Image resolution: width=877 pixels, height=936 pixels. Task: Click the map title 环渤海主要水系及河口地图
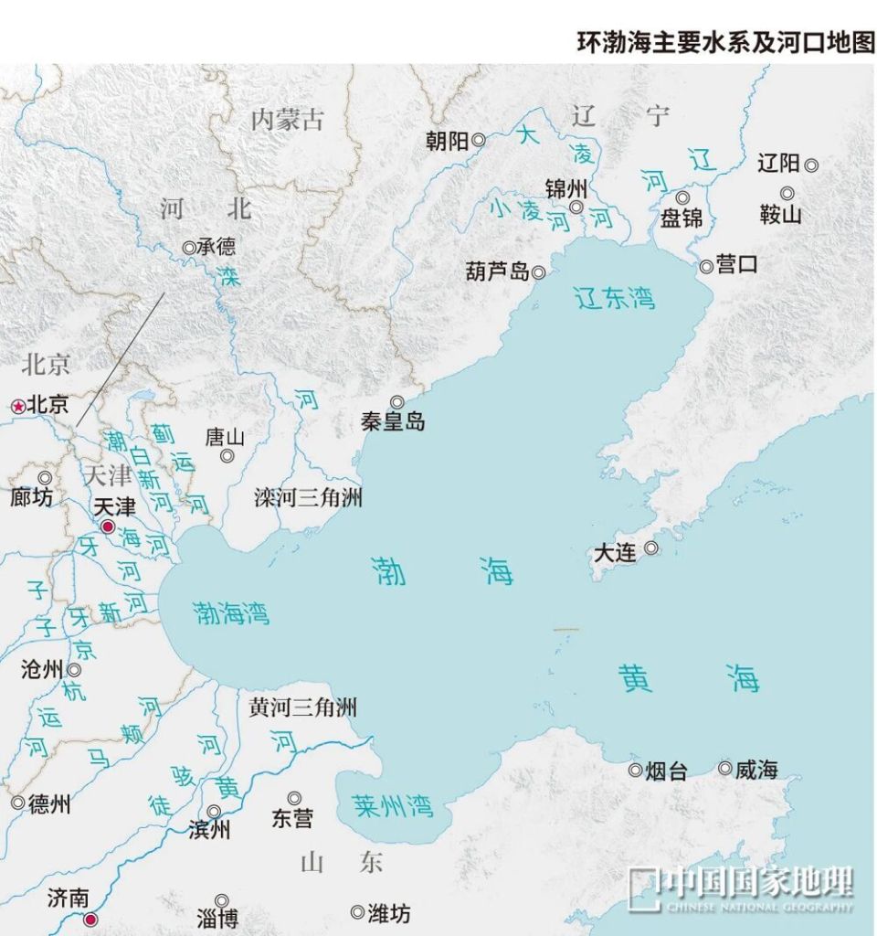pos(725,43)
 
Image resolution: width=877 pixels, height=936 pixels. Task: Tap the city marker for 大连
pos(651,548)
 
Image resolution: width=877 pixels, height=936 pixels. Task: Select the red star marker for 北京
pos(17,406)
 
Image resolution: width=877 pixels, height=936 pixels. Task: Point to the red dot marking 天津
pos(108,527)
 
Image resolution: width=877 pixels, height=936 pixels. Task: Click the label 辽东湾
pos(615,297)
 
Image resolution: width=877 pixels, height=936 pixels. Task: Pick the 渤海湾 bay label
pos(232,612)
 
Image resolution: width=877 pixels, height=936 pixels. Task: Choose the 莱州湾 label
pos(393,805)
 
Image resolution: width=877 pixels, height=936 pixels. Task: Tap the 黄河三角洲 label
pos(302,707)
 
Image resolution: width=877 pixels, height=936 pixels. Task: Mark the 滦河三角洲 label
pos(308,498)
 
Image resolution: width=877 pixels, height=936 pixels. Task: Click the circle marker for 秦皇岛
pos(396,402)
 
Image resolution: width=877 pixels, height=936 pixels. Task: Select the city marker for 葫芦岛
pos(539,272)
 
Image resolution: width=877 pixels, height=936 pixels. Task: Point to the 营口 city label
pos(736,265)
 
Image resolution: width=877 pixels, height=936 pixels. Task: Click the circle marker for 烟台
pos(635,770)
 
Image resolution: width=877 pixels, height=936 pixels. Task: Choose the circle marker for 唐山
pos(227,456)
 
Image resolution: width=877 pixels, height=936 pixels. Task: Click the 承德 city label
pos(217,247)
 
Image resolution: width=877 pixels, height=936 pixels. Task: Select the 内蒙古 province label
pos(288,120)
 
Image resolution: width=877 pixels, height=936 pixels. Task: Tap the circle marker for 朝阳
pos(478,141)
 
